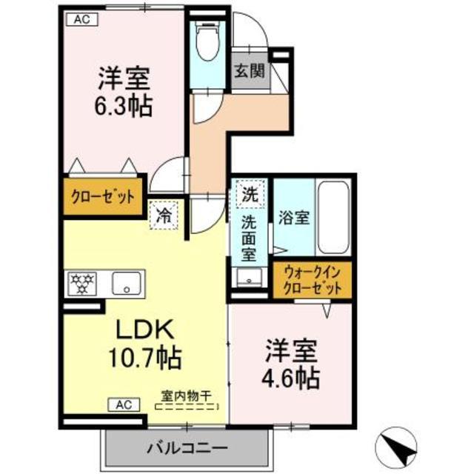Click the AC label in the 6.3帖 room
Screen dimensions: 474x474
point(81,20)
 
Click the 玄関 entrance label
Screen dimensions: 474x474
point(250,72)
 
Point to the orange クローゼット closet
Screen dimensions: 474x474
point(103,197)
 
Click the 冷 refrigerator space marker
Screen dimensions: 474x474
point(164,218)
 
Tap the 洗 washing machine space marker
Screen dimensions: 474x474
point(250,196)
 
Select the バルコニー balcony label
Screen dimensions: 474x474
point(186,448)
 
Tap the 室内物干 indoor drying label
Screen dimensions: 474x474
point(186,397)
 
